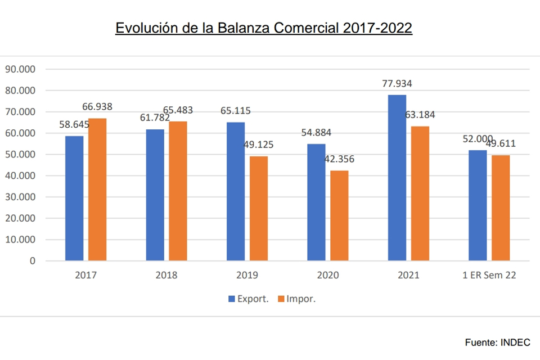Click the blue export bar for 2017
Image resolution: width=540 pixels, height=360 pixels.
click(74, 198)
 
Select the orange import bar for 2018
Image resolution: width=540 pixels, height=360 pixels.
click(178, 191)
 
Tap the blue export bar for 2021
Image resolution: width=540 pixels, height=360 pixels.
click(397, 178)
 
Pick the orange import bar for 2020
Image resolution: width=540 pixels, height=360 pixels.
click(339, 215)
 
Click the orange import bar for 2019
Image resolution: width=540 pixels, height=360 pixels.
click(259, 208)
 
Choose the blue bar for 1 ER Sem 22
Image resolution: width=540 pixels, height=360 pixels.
click(478, 205)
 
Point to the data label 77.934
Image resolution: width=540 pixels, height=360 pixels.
click(397, 84)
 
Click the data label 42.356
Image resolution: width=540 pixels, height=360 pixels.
click(340, 159)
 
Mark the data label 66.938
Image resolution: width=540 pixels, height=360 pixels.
click(98, 107)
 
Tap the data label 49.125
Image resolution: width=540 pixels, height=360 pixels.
click(259, 145)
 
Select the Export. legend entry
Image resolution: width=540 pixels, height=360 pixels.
click(247, 299)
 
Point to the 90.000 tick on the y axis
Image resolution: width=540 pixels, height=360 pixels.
click(20, 69)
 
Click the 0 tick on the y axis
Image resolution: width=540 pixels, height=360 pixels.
click(32, 261)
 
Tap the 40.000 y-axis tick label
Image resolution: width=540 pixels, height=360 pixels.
click(20, 175)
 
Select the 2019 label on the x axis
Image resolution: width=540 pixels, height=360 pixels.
click(247, 276)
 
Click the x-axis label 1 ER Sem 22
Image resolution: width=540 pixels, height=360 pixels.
click(489, 276)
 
